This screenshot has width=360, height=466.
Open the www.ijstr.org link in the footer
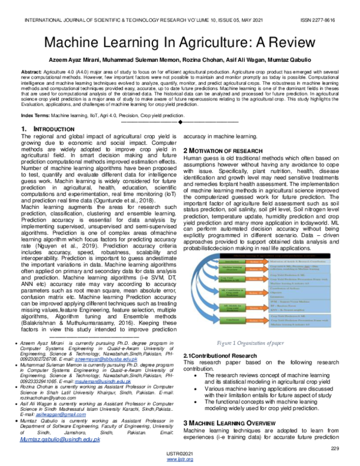[x=179, y=461]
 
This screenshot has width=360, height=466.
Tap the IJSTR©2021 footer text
[x=179, y=455]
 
